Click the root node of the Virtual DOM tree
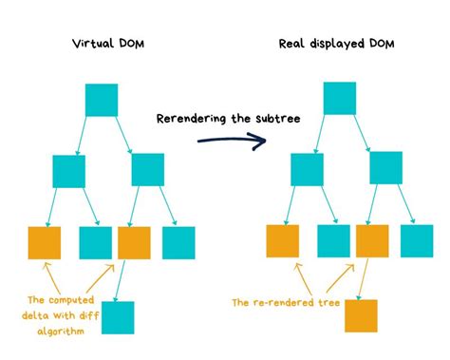[x=102, y=100]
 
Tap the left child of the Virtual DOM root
[x=69, y=170]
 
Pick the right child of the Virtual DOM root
[x=148, y=169]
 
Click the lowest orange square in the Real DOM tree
[x=361, y=315]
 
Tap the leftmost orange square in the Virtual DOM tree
[x=45, y=243]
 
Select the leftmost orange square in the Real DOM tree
[x=282, y=241]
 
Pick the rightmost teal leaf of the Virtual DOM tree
[x=178, y=243]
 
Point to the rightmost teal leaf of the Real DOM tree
[x=416, y=240]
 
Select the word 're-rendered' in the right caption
[x=284, y=303]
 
